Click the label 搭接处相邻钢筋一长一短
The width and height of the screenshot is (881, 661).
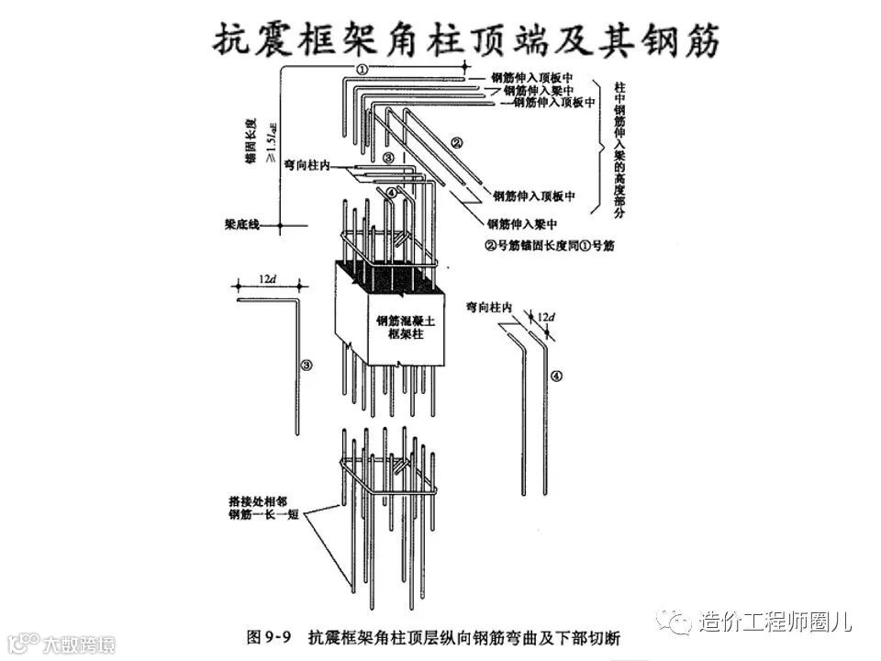[263, 509]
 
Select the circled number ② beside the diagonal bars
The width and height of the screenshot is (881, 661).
[456, 142]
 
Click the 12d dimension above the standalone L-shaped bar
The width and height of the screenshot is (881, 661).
[266, 277]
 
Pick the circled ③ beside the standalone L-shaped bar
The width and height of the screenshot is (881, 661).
[307, 364]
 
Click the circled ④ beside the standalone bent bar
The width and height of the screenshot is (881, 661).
[556, 375]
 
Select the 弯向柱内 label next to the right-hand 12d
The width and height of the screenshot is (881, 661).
[487, 307]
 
